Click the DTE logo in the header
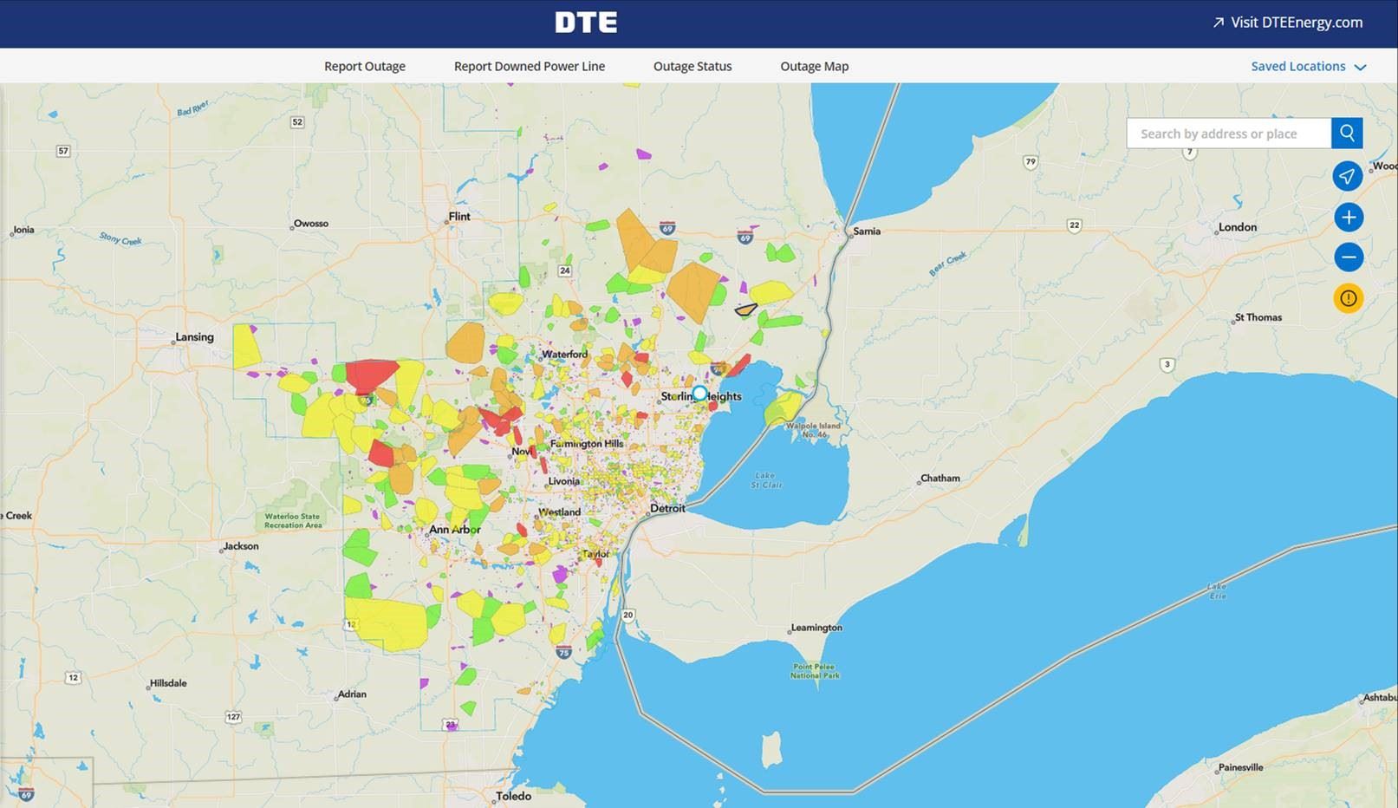tap(586, 23)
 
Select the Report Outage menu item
tap(364, 66)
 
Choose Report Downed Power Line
tap(529, 66)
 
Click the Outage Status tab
tap(692, 66)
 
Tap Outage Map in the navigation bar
tap(814, 66)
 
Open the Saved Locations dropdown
tap(1308, 66)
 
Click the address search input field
tap(1228, 134)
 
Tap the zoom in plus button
tap(1348, 217)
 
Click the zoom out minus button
tap(1348, 257)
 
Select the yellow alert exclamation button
tap(1348, 298)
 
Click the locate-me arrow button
tap(1347, 176)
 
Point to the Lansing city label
tap(194, 337)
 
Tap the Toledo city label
tap(513, 796)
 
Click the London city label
tap(1237, 227)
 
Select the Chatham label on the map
tap(940, 478)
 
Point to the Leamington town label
tap(816, 628)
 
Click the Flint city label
tap(458, 217)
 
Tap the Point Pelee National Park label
tap(815, 670)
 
